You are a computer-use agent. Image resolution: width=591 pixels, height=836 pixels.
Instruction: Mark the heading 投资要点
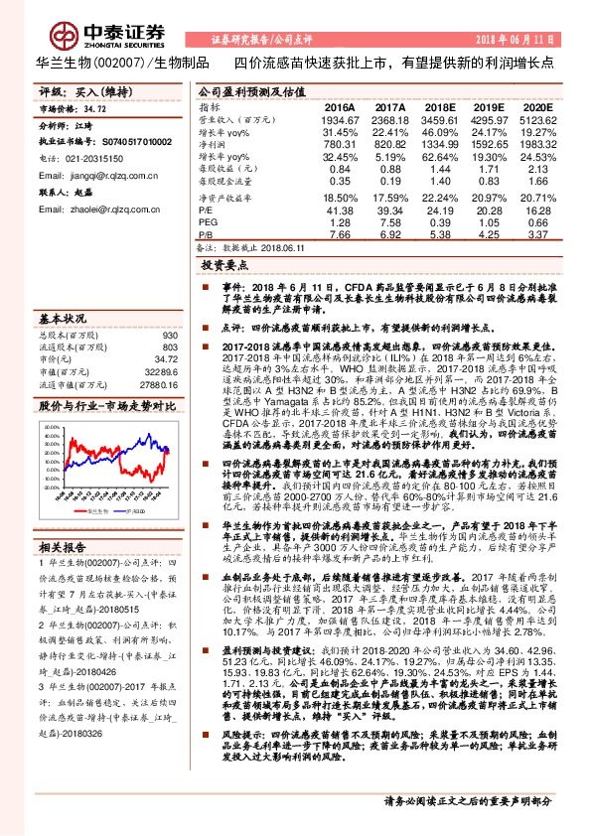tap(224, 267)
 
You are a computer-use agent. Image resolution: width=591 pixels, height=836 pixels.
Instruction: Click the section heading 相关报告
tap(64, 518)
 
